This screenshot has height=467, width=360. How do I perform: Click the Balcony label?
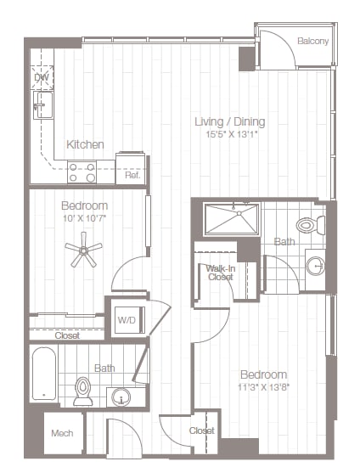coord(313,42)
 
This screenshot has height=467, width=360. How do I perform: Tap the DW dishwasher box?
coord(42,78)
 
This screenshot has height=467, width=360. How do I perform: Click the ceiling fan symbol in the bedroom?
coord(85,250)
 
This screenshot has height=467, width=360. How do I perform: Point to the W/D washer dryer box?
coord(127,320)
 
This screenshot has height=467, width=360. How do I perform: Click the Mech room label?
coord(62,433)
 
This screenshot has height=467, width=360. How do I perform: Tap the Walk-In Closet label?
coord(220,272)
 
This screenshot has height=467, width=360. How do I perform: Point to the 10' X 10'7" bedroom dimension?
coord(84,218)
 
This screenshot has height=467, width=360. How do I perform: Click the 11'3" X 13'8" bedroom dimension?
coord(262,387)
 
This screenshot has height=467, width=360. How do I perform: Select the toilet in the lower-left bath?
coord(83,390)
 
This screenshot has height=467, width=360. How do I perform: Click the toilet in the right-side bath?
coord(309,226)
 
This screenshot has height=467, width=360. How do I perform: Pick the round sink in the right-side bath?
coord(316,267)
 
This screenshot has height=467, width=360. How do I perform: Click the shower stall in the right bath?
coord(231,219)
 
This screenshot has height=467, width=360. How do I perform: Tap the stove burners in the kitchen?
coord(82,172)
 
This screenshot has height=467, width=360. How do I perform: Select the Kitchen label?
coord(85,144)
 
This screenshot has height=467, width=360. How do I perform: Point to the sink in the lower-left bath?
coord(123,396)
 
